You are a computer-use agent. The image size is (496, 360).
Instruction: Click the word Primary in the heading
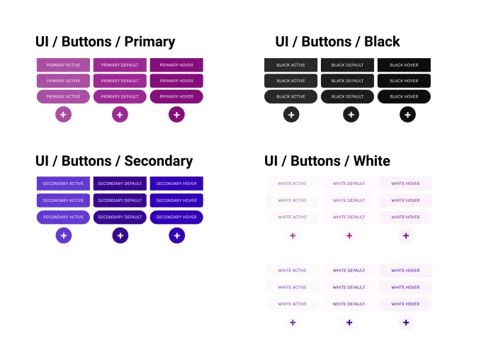tap(148, 42)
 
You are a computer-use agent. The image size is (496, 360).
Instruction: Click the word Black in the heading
tap(381, 42)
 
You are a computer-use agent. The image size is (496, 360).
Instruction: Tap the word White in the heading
tap(371, 161)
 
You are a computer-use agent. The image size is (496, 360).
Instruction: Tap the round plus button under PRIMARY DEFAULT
tap(120, 114)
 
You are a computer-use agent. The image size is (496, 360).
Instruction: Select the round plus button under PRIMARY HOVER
tap(176, 114)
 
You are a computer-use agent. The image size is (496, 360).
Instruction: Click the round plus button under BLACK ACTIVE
tap(291, 114)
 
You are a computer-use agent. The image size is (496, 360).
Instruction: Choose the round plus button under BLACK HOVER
tap(407, 114)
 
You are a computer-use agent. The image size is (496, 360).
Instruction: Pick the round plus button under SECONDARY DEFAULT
tap(120, 235)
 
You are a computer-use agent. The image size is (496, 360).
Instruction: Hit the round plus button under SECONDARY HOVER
tap(176, 235)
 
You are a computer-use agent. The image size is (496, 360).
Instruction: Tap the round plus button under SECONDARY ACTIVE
tap(64, 235)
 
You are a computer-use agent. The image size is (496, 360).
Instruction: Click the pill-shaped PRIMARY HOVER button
tap(176, 96)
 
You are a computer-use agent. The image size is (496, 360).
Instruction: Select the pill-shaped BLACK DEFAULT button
tap(347, 96)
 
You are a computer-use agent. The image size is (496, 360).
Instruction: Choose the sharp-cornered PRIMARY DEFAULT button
tap(120, 64)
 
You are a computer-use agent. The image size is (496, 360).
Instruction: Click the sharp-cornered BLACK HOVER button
tap(404, 64)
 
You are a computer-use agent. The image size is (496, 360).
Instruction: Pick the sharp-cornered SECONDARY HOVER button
tap(176, 184)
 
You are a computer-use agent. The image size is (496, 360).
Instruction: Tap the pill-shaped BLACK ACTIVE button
tap(291, 96)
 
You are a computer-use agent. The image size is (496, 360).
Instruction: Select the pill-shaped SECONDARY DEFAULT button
tap(120, 217)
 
